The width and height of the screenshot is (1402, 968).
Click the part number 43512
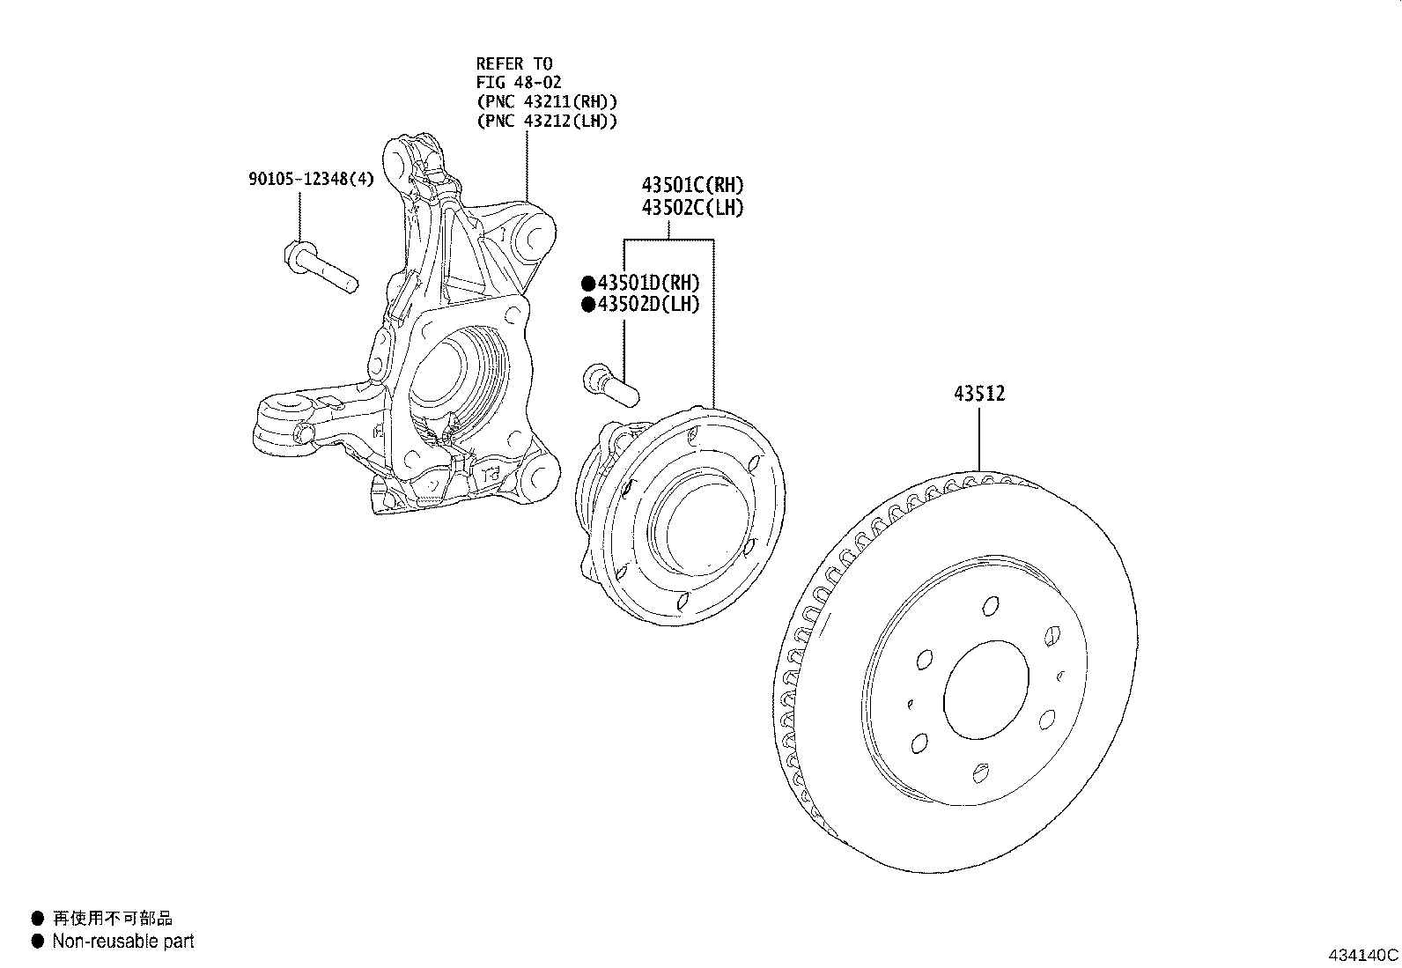click(978, 393)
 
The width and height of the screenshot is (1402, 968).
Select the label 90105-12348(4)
click(311, 179)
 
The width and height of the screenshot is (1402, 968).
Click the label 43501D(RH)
click(648, 283)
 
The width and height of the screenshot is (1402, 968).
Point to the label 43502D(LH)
click(648, 305)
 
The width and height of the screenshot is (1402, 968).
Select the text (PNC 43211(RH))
click(546, 101)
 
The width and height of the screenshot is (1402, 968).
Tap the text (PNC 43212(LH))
click(546, 121)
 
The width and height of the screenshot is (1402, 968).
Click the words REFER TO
click(513, 63)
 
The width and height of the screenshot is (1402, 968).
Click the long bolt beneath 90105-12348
click(321, 269)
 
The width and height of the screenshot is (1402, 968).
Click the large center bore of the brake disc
click(985, 691)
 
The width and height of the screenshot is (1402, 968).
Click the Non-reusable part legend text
click(122, 942)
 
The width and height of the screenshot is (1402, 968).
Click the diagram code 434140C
click(1362, 955)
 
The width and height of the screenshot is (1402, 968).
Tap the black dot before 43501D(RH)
click(587, 284)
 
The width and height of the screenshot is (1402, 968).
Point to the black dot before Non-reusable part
click(37, 942)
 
